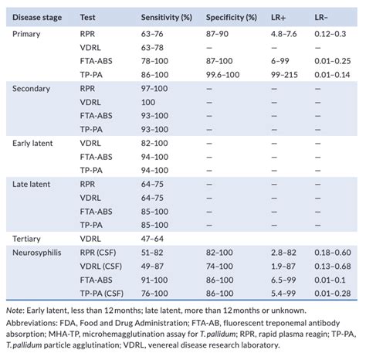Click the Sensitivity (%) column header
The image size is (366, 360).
pos(167,16)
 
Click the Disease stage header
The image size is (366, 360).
pos(36,16)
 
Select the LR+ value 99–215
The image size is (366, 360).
pos(283,73)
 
